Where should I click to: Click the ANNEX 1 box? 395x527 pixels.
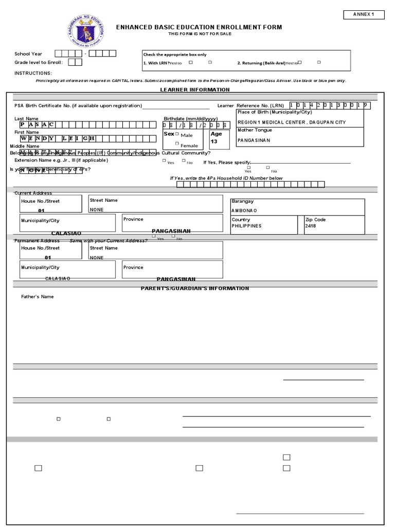click(364, 14)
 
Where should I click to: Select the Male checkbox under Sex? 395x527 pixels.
click(177, 134)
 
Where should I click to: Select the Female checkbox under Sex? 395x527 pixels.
click(177, 144)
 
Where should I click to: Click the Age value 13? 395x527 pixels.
click(214, 141)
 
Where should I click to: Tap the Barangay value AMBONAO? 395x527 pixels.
click(244, 210)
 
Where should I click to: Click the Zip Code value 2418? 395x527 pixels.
click(311, 226)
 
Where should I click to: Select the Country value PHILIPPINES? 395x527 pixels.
click(247, 226)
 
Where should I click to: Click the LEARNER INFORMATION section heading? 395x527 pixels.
click(195, 90)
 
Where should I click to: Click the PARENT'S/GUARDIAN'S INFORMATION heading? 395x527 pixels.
click(195, 288)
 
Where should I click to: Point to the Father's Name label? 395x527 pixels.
click(37, 296)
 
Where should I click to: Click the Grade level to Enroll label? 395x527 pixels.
click(39, 62)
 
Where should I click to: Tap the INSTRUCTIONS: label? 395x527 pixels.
click(33, 73)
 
